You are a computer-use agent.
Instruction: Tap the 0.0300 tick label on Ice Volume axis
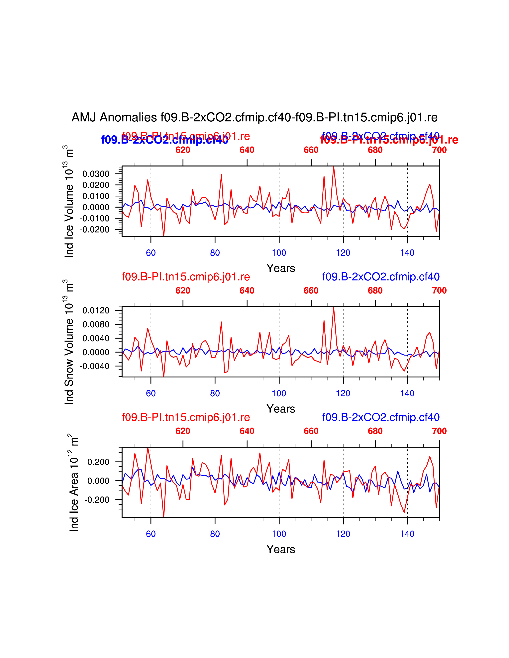tap(96, 174)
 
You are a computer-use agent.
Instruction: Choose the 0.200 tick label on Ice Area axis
tap(98, 462)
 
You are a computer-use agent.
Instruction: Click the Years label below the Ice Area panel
tap(281, 549)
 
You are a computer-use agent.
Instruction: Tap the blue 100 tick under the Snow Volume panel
tap(279, 393)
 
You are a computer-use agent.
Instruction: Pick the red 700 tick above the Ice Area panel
tap(439, 431)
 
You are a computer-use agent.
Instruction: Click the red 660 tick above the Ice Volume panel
tap(311, 150)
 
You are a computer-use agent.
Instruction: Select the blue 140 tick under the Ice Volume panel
tap(407, 253)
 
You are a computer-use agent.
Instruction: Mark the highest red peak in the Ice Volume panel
tap(334, 167)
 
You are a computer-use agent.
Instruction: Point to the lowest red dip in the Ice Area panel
tap(164, 517)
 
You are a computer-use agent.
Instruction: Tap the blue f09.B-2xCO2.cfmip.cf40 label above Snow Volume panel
tap(381, 277)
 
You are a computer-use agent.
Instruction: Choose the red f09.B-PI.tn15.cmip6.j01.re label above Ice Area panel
tap(186, 417)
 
